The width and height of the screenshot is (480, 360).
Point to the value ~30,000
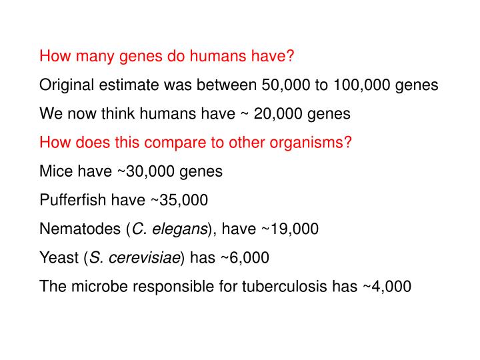click(149, 171)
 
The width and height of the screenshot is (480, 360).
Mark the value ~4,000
click(387, 287)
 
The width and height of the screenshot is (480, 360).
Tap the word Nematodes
click(79, 229)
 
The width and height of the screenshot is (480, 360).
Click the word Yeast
click(59, 258)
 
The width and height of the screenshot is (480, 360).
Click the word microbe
click(93, 287)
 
